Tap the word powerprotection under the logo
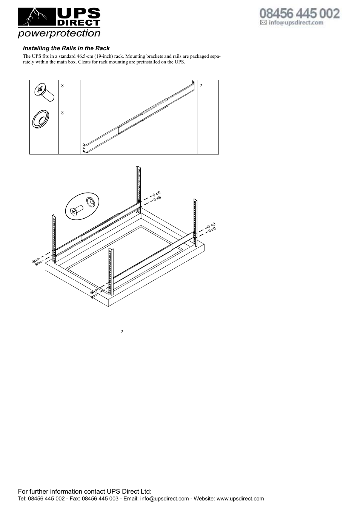[59, 33]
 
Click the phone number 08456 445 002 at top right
[299, 14]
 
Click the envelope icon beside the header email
[263, 22]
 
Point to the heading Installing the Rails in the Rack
[66, 48]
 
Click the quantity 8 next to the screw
[63, 86]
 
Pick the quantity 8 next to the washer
[63, 113]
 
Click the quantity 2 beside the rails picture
[201, 86]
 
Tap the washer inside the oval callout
[91, 201]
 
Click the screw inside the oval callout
[76, 210]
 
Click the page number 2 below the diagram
[122, 332]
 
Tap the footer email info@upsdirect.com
[165, 499]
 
